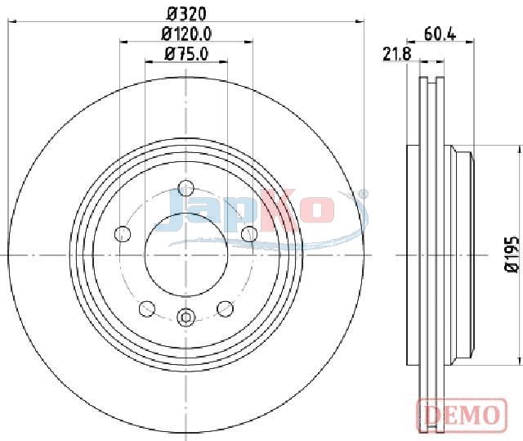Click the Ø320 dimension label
click(186, 14)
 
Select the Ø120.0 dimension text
click(186, 34)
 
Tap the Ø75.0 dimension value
click(186, 54)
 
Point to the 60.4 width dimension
click(440, 34)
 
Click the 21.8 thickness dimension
click(396, 54)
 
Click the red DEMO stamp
click(462, 415)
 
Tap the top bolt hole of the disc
click(186, 188)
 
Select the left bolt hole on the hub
click(123, 234)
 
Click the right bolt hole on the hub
click(249, 234)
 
